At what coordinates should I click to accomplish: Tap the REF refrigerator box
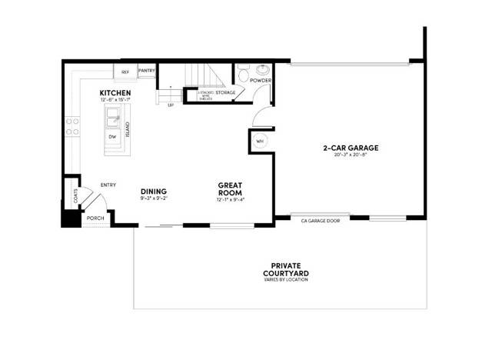[125, 72]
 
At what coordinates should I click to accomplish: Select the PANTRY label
[147, 72]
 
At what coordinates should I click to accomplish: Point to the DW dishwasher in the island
[112, 136]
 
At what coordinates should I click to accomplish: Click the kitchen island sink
[112, 118]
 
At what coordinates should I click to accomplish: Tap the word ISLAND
[128, 129]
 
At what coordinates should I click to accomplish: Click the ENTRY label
[108, 185]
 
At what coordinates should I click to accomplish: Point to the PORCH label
[95, 218]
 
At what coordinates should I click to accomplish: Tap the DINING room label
[154, 192]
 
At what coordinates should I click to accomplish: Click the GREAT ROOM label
[231, 189]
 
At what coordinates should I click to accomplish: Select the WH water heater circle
[259, 142]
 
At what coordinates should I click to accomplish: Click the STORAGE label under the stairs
[225, 93]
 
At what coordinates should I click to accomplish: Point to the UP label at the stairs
[170, 105]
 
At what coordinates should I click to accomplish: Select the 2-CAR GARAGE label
[351, 148]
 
